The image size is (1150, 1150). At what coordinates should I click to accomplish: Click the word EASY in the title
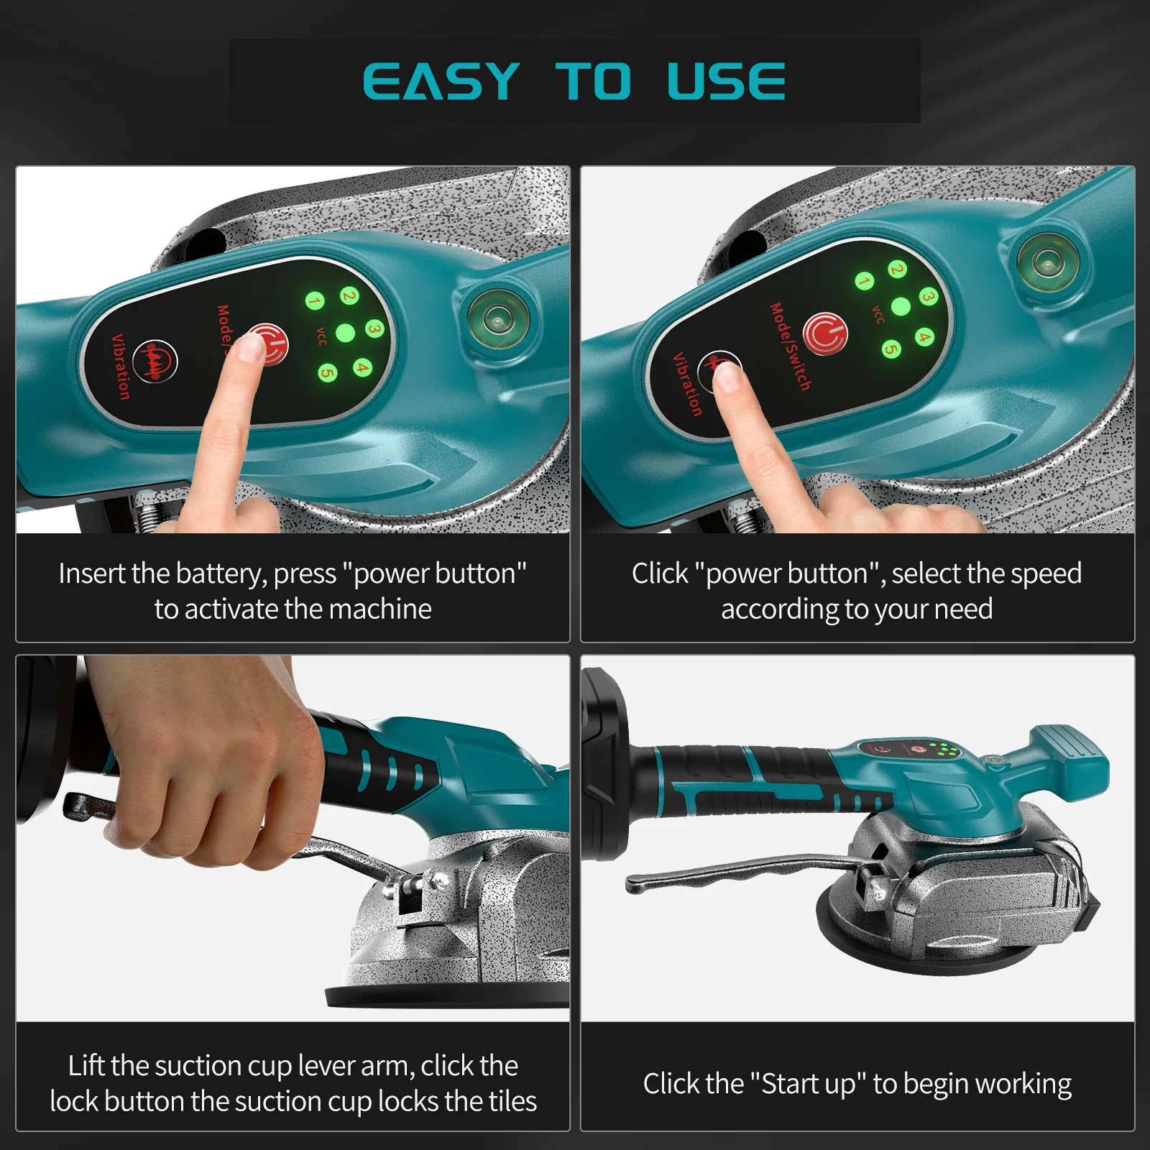click(441, 81)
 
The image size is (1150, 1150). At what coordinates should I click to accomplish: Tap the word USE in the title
click(726, 81)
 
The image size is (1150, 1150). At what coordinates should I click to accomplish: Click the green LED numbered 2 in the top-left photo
click(349, 295)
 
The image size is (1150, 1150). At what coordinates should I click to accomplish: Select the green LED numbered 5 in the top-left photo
click(328, 373)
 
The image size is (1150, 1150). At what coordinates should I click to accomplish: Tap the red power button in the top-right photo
click(825, 333)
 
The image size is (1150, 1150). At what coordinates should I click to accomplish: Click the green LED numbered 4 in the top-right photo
click(924, 337)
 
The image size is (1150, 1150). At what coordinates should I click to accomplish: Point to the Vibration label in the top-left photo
click(121, 367)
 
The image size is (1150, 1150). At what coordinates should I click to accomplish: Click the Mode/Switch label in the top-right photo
click(790, 347)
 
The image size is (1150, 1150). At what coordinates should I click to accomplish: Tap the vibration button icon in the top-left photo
click(155, 361)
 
